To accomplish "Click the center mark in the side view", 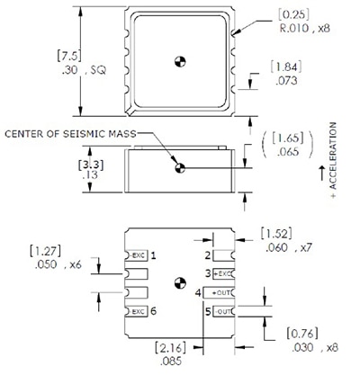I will click(x=179, y=167).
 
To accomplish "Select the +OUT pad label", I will click(x=220, y=293).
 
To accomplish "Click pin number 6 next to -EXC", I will click(x=154, y=311).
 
